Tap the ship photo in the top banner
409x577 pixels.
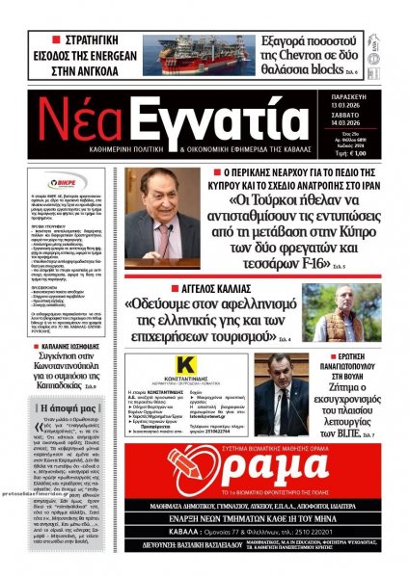198,55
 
